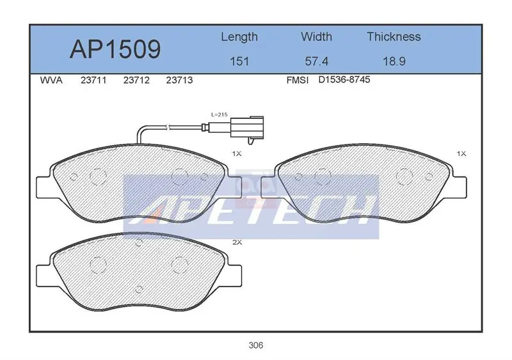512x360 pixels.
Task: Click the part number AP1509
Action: coord(115,49)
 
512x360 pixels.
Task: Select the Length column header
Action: coord(239,37)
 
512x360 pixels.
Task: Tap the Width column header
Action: coord(316,36)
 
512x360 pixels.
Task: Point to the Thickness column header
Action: coord(394,36)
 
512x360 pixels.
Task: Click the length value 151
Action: coord(239,61)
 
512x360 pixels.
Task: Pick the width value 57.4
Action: coord(316,61)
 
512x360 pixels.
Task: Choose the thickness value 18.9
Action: coord(394,61)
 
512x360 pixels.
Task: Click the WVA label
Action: coord(51,81)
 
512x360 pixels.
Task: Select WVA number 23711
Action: coord(93,81)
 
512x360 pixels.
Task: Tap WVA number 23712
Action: coord(136,81)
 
